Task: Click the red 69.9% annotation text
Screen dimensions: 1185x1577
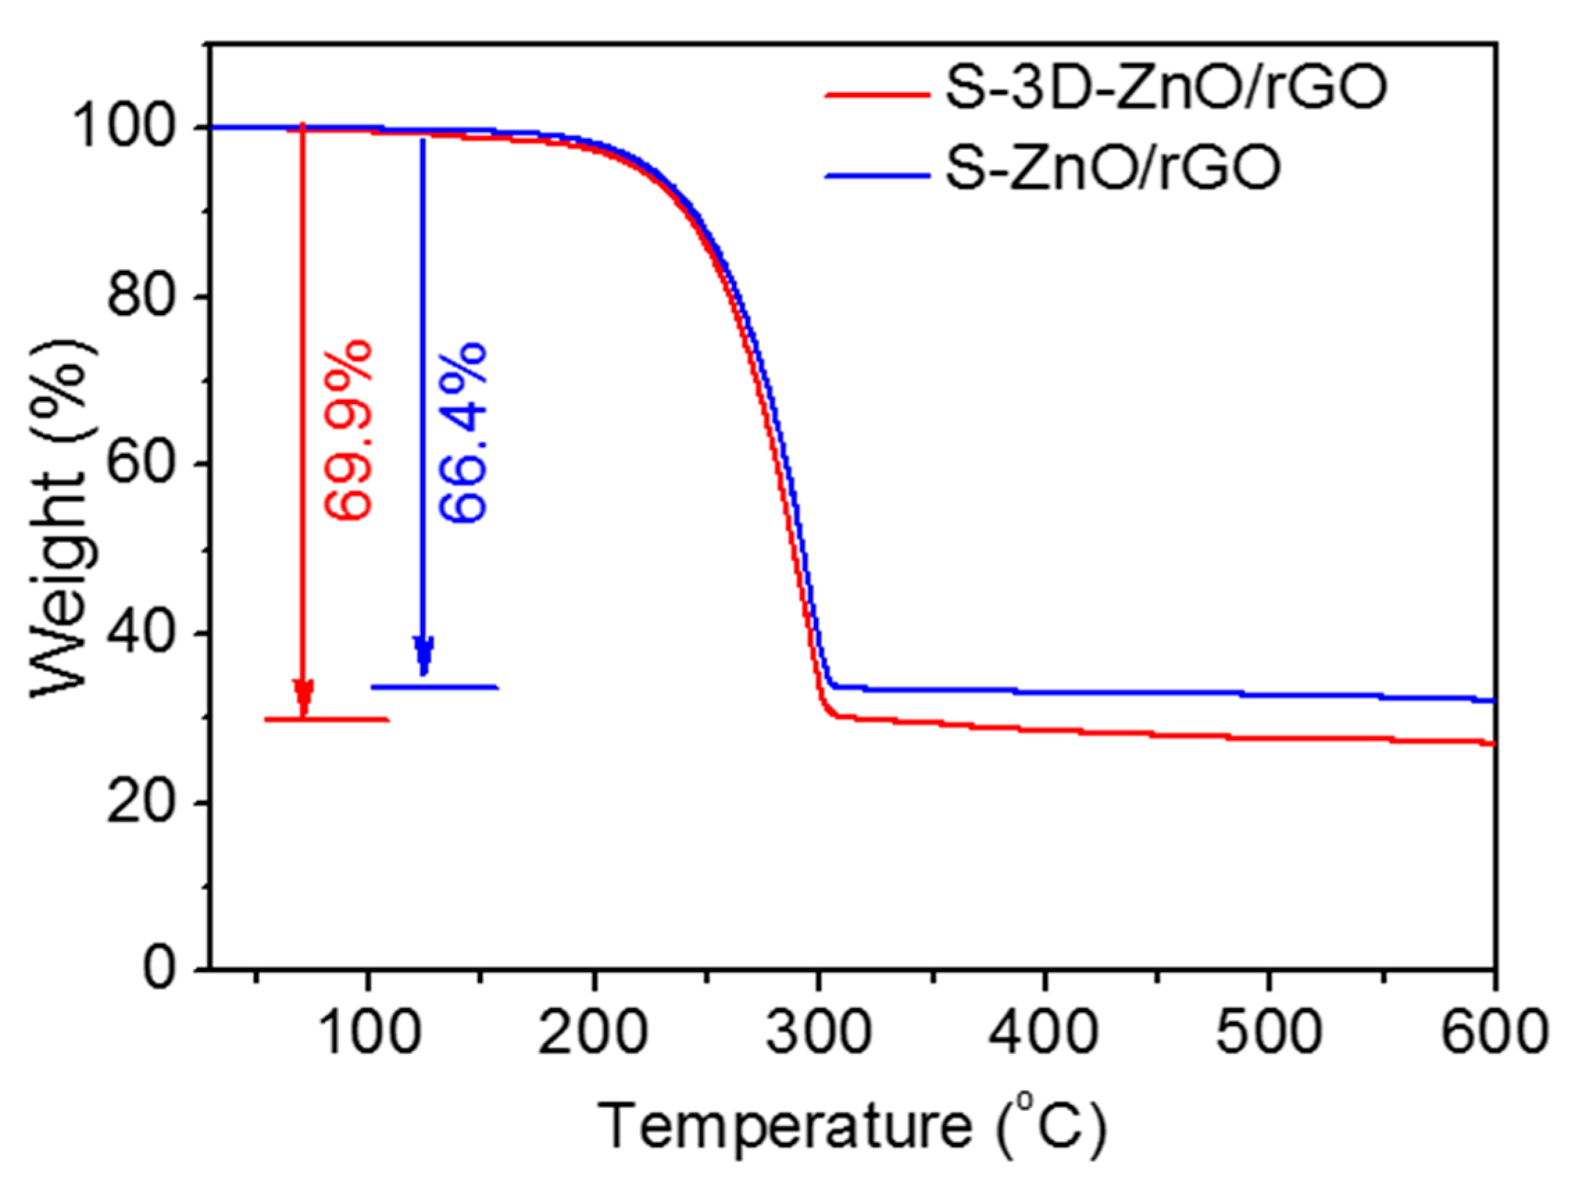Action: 348,430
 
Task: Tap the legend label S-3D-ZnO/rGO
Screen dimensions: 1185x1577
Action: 1167,90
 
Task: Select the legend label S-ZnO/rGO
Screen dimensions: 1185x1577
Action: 1113,169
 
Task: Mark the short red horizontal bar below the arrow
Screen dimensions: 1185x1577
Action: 326,719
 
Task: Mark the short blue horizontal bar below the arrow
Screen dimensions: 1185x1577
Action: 434,687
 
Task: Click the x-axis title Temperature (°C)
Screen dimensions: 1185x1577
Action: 851,1126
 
